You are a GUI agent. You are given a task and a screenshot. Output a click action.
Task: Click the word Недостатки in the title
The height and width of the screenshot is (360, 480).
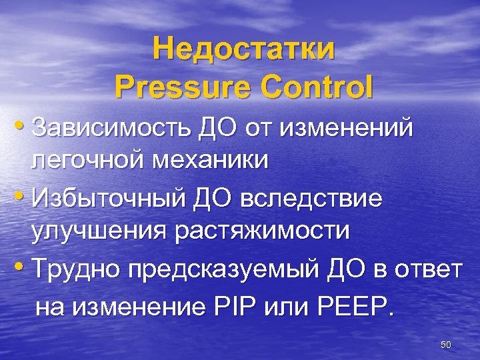243,50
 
